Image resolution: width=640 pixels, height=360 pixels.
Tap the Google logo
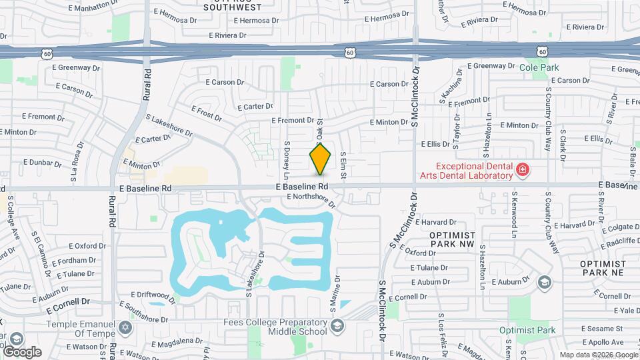point(22,351)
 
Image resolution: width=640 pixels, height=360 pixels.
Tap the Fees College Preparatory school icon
point(337,326)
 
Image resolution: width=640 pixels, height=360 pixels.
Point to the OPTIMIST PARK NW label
point(452,240)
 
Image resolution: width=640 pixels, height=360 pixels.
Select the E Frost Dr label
point(206,113)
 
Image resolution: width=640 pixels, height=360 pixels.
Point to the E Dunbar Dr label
point(43,162)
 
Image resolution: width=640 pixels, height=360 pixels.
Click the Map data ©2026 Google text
point(597,354)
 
